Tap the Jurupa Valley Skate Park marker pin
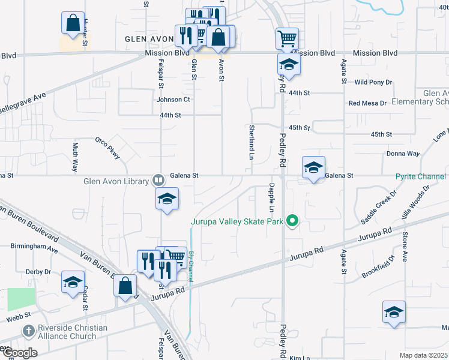292,221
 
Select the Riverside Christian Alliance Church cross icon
28,331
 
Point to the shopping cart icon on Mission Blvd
287,39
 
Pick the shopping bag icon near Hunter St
72,23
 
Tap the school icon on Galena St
313,168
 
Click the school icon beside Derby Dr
73,282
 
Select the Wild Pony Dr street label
373,82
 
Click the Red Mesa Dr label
367,103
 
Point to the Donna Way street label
403,154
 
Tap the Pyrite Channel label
420,176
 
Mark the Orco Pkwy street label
107,148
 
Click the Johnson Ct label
173,100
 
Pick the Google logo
19,353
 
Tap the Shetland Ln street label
251,142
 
